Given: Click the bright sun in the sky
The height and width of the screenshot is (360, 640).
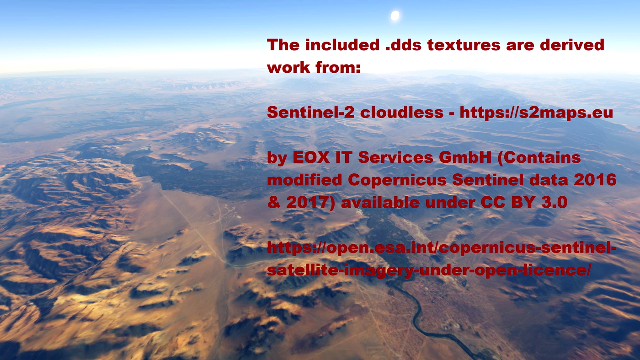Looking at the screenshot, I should [395, 16].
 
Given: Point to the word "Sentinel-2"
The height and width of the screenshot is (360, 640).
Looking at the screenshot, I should [311, 113].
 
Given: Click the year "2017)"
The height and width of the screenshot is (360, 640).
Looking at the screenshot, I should [311, 203].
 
